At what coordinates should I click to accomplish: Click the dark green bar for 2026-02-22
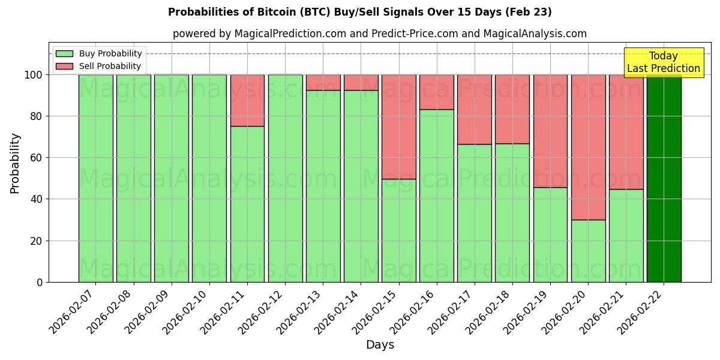point(664,178)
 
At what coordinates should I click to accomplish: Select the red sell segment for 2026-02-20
point(588,147)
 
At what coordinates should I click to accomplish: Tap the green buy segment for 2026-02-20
point(588,251)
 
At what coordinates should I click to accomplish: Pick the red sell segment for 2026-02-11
point(247,100)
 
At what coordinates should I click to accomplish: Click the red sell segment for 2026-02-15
point(398,127)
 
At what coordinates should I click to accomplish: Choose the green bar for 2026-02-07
point(95,178)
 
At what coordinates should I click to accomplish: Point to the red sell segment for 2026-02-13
point(323,82)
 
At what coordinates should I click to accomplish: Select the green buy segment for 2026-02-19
point(550,235)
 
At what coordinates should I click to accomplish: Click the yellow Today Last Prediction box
point(663,62)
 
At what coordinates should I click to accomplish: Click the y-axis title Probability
point(15,163)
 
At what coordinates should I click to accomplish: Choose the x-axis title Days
point(380,345)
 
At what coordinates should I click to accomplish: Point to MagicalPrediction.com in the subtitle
point(291,34)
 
